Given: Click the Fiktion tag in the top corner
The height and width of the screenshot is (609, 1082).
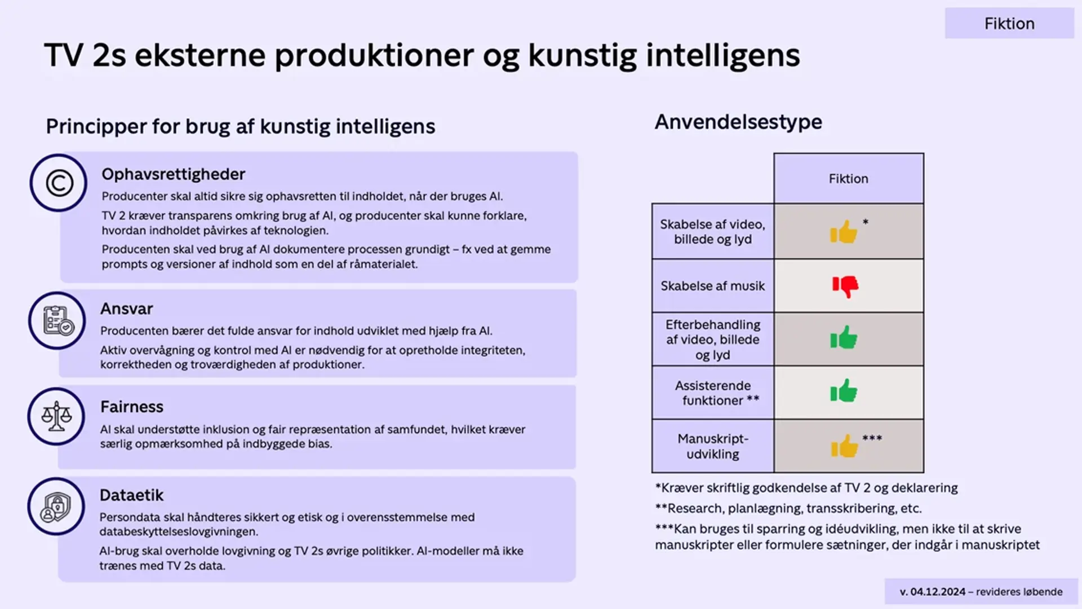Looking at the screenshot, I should [x=1009, y=24].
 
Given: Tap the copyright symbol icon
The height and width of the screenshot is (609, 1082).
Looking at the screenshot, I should [x=59, y=183].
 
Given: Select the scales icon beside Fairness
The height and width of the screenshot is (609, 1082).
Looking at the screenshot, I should [x=56, y=417].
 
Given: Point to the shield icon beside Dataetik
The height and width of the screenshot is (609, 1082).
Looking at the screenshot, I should [x=56, y=507].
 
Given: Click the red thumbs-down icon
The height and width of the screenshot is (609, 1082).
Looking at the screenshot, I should [x=845, y=286].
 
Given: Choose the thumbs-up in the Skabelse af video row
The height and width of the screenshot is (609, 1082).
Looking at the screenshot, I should [x=844, y=232].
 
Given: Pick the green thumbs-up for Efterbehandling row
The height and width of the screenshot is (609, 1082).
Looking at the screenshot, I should [x=844, y=338].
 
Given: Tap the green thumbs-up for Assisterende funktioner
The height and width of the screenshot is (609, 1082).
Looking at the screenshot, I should [x=844, y=391].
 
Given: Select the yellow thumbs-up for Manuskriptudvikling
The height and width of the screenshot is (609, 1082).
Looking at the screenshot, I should [x=844, y=447].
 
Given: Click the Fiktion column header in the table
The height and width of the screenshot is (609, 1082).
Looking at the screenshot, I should [x=848, y=179].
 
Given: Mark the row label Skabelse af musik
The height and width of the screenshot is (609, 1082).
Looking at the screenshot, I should [x=712, y=286].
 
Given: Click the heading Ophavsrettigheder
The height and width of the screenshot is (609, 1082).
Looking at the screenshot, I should [x=173, y=174].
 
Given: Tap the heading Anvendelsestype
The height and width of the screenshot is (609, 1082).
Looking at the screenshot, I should [x=738, y=122].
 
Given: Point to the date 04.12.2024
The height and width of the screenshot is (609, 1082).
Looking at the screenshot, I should [x=938, y=592].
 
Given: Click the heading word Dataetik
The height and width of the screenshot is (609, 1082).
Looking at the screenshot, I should [x=131, y=495].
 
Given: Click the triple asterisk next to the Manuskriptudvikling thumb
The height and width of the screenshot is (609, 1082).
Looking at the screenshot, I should [x=872, y=438].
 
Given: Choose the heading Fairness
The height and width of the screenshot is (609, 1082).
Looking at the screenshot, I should [x=131, y=407].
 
